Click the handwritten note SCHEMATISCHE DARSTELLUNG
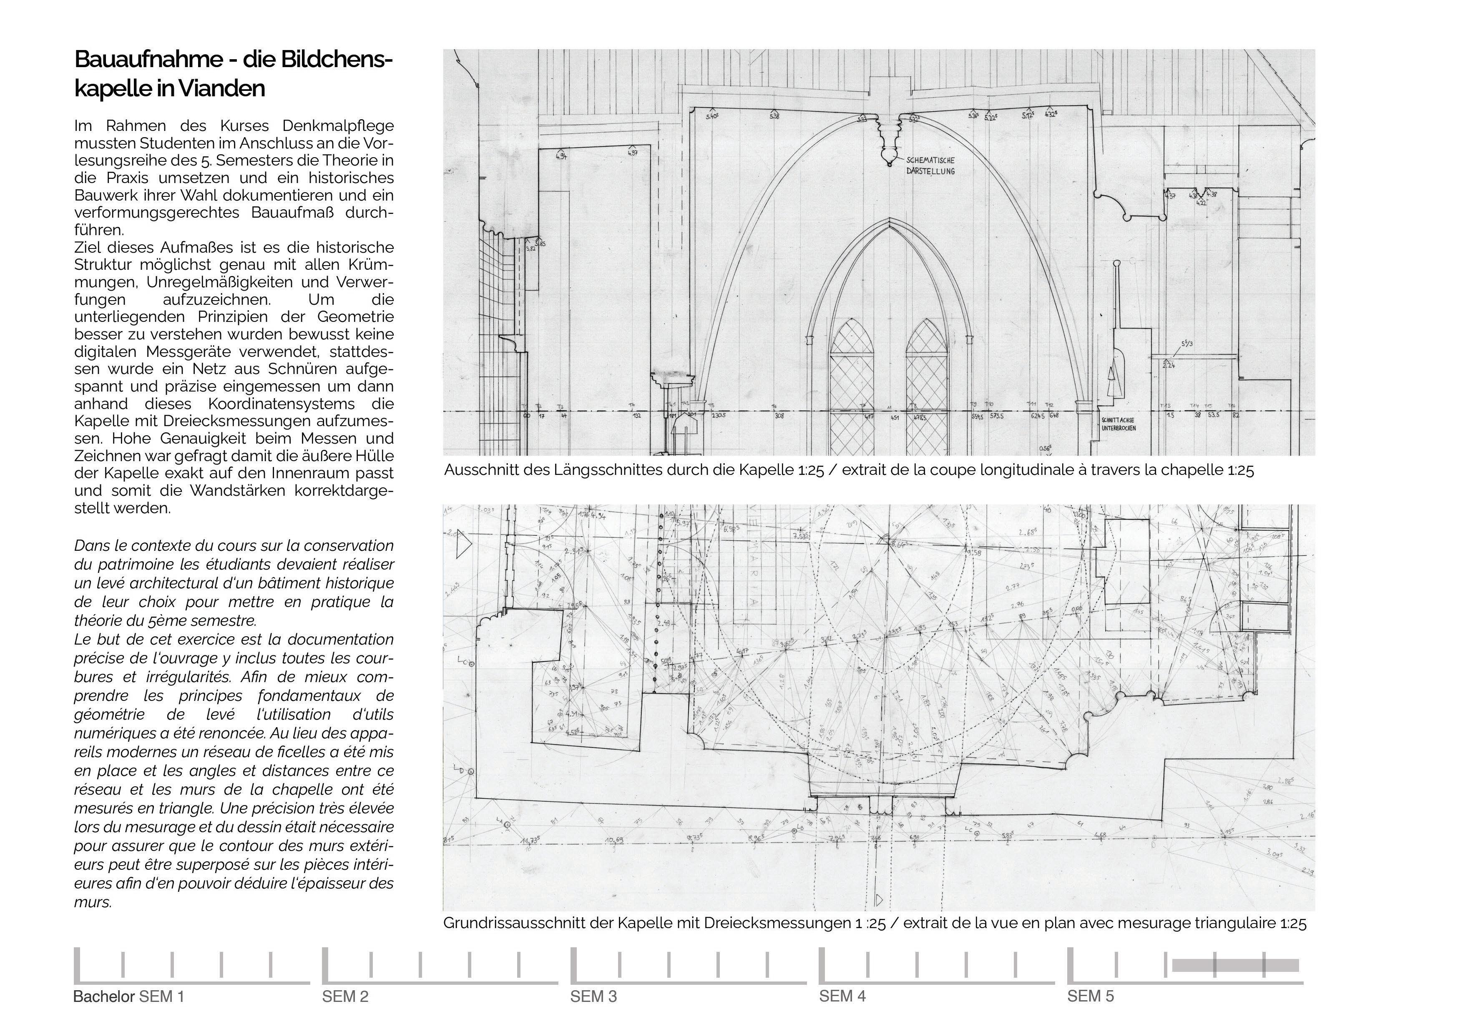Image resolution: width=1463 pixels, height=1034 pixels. [930, 166]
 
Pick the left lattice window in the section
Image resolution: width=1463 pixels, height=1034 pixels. [852, 382]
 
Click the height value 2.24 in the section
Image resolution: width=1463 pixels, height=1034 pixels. [1169, 365]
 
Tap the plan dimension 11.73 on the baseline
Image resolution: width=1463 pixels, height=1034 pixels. [530, 840]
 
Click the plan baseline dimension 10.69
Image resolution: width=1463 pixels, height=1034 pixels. [614, 840]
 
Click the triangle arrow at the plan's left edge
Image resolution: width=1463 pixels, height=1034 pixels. [463, 546]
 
